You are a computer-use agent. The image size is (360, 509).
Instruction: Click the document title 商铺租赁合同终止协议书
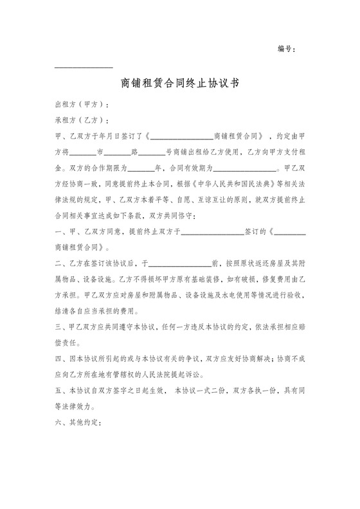pos(180,83)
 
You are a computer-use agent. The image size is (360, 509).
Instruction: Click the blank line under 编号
pos(84,67)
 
